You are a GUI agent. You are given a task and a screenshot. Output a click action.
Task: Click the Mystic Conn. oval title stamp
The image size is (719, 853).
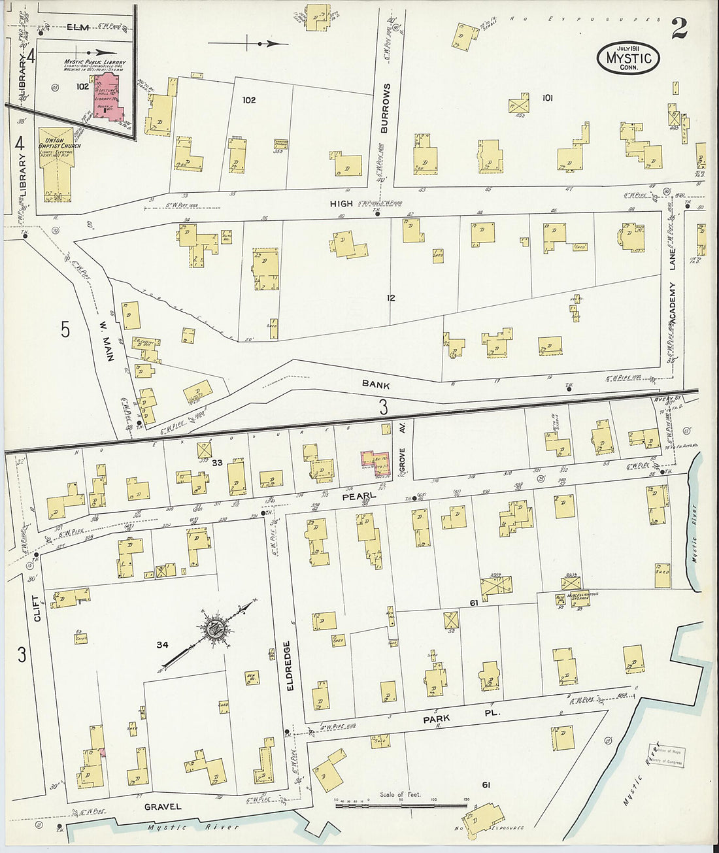pos(628,58)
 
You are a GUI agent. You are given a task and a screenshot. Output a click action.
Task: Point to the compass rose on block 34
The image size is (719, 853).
pos(214,630)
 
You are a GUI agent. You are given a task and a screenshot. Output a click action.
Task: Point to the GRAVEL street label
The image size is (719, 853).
pos(163,807)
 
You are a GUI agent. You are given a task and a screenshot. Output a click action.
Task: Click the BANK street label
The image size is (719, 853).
pos(376,384)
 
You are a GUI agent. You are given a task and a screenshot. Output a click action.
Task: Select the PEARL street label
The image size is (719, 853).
pos(359,496)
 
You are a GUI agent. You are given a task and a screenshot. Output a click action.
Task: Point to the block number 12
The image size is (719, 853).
pos(390,298)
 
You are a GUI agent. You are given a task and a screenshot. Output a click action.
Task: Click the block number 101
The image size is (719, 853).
pos(547,98)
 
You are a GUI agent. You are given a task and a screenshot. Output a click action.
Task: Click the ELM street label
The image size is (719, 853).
pos(78,27)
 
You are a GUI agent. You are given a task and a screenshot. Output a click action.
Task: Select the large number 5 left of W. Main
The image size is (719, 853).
pos(65,330)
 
